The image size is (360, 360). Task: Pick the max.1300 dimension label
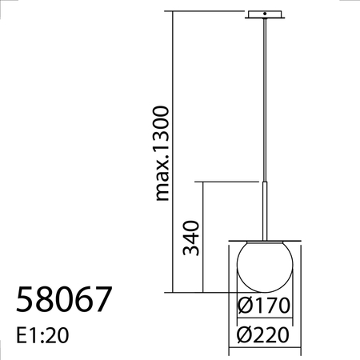coord(162,152)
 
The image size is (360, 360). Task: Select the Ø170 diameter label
coord(262,306)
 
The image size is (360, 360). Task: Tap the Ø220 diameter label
coord(262,333)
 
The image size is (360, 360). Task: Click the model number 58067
coord(63,301)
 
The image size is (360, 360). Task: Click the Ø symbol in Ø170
coord(246,306)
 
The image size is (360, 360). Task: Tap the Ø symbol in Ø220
coord(244,333)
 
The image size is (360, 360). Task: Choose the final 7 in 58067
coord(102,301)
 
